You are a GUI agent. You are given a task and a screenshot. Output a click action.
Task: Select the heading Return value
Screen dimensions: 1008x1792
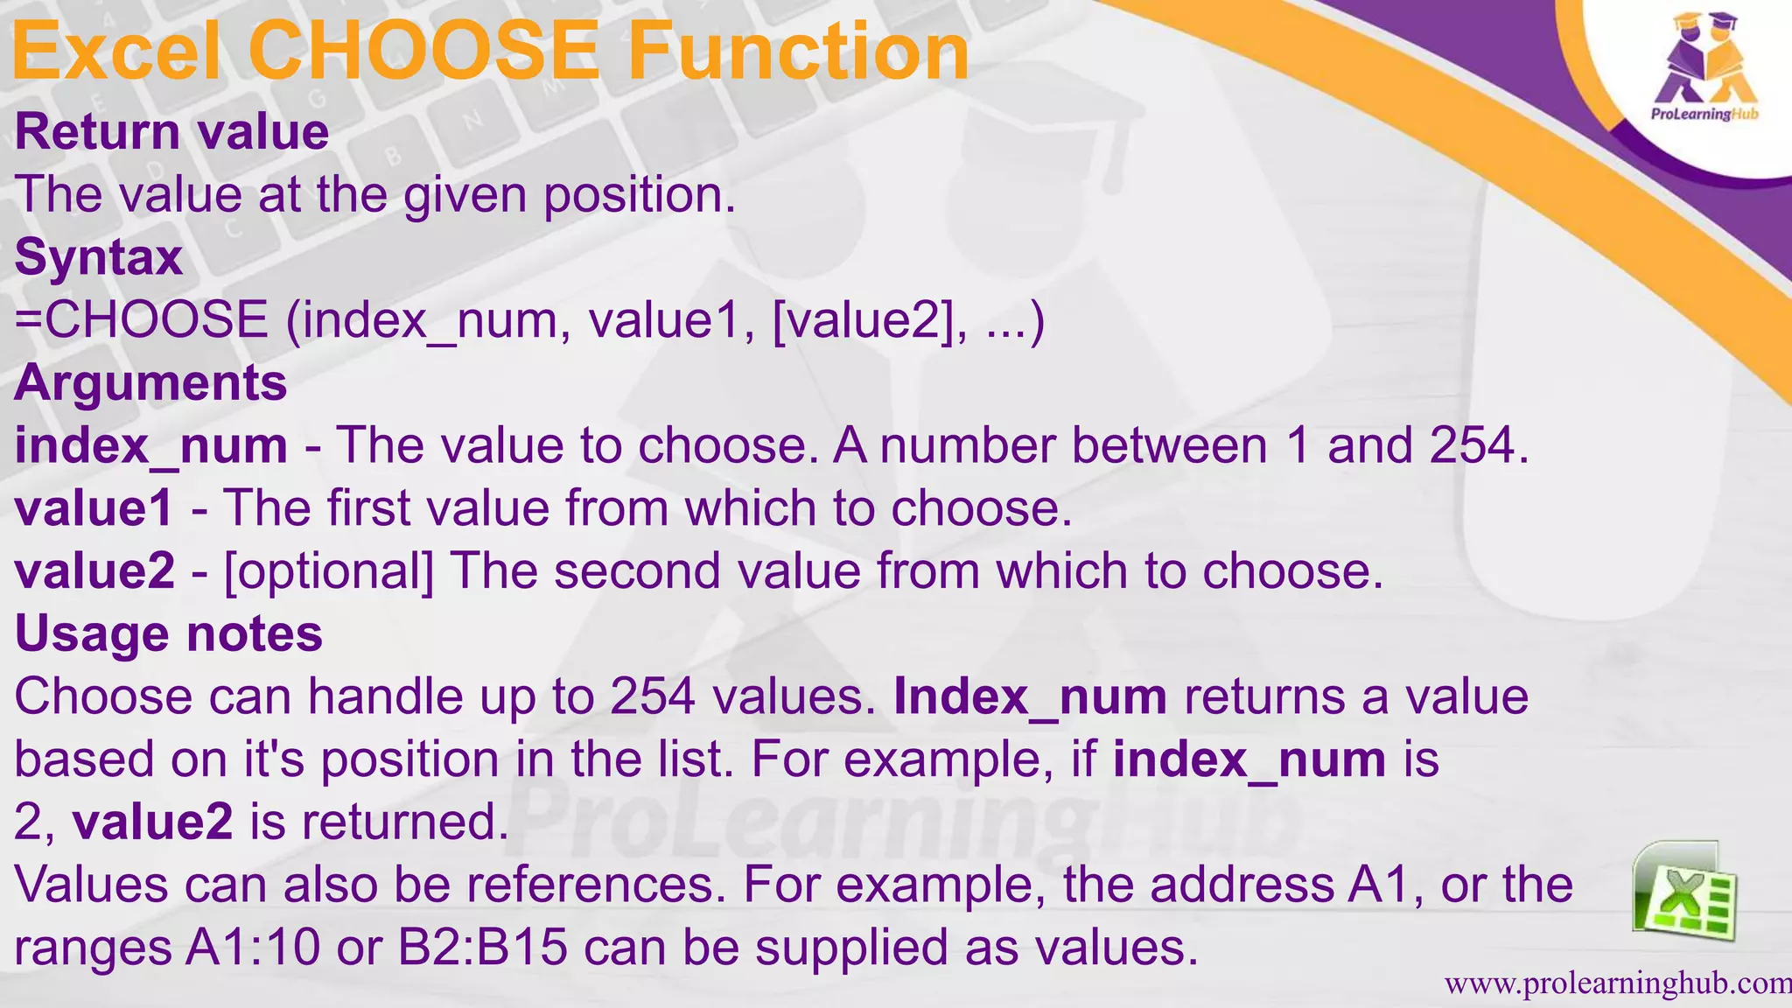click(171, 132)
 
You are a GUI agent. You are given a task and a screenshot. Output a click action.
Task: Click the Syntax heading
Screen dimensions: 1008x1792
click(99, 258)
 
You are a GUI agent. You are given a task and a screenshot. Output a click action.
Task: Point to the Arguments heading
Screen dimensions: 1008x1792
click(150, 383)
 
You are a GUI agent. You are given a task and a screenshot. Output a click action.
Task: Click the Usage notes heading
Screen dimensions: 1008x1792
click(169, 633)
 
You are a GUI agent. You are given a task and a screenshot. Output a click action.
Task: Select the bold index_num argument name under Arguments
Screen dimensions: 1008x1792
click(150, 446)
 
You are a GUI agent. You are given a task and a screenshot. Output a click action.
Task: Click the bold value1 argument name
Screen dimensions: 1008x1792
click(94, 508)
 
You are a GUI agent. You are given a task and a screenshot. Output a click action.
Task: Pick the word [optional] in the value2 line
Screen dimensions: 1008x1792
click(329, 571)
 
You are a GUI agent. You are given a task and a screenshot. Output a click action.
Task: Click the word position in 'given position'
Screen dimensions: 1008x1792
click(639, 195)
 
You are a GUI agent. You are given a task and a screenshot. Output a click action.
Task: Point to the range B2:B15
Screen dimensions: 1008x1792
click(483, 948)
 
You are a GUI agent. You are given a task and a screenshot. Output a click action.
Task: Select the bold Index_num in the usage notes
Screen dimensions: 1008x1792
click(1030, 697)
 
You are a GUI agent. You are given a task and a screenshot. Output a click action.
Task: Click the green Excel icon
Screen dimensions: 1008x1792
click(1683, 891)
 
